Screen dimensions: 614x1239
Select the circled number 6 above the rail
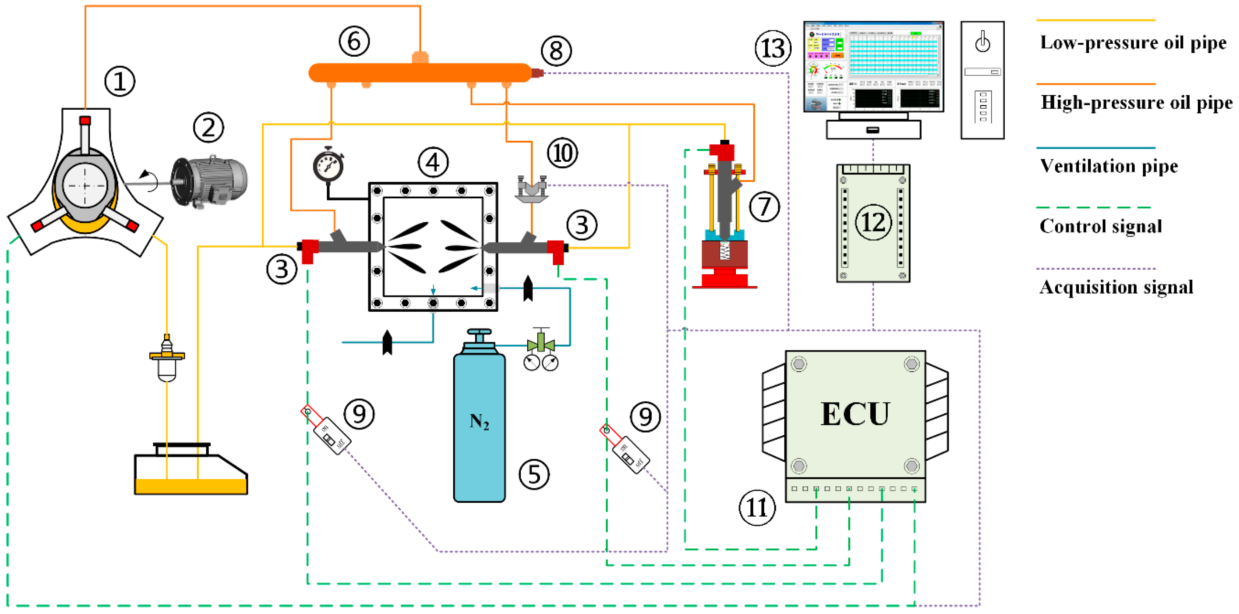pyautogui.click(x=354, y=41)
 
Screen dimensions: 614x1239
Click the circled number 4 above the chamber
pyautogui.click(x=433, y=162)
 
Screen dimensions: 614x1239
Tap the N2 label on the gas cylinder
pyautogui.click(x=479, y=422)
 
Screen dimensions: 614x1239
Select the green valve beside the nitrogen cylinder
pyautogui.click(x=541, y=344)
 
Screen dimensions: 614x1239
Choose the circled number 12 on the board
pyautogui.click(x=873, y=222)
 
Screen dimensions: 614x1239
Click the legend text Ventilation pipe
pyautogui.click(x=1109, y=166)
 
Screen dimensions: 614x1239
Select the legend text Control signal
pyautogui.click(x=1100, y=226)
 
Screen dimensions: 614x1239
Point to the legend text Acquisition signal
pyautogui.click(x=1116, y=288)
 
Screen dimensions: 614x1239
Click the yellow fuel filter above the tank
pyautogui.click(x=167, y=361)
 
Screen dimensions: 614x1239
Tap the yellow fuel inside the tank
pyautogui.click(x=191, y=486)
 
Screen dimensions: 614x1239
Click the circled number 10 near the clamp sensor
pyautogui.click(x=562, y=153)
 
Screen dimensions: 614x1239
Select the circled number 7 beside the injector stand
pyautogui.click(x=764, y=207)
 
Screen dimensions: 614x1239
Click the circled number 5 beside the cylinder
pyautogui.click(x=534, y=474)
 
